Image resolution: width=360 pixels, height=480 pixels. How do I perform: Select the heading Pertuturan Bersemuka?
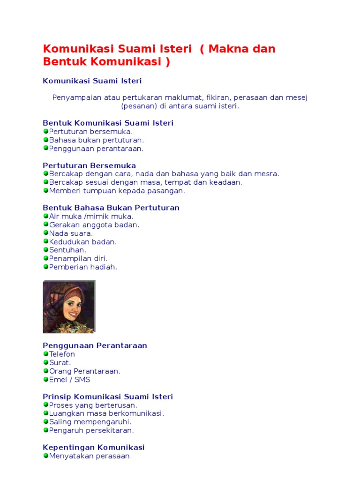click(x=89, y=165)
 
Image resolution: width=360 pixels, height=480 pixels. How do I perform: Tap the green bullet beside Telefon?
click(x=45, y=354)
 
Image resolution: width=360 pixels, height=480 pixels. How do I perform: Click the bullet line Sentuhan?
click(x=67, y=250)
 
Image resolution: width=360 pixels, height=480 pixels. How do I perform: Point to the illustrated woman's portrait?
click(x=69, y=307)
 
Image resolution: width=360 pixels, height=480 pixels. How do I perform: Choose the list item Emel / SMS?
click(x=69, y=380)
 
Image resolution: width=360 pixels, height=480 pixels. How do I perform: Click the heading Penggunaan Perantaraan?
click(x=95, y=345)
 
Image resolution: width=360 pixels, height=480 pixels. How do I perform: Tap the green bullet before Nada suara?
click(x=45, y=233)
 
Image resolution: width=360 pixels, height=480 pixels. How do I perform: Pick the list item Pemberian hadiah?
click(x=83, y=267)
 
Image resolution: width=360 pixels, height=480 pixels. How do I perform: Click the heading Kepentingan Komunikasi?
click(x=94, y=447)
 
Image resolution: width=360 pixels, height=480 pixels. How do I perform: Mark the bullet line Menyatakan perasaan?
click(x=90, y=456)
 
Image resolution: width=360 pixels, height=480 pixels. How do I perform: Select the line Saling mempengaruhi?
click(x=90, y=422)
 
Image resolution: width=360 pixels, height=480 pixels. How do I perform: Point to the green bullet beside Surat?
click(x=45, y=362)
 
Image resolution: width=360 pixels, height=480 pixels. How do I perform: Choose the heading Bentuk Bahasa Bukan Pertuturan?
click(x=111, y=208)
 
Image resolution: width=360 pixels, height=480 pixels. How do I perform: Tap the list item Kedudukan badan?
click(x=83, y=242)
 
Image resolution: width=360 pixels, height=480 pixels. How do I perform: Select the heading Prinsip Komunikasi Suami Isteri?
click(x=108, y=397)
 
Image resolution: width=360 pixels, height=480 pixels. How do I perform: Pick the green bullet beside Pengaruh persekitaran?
click(x=45, y=430)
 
